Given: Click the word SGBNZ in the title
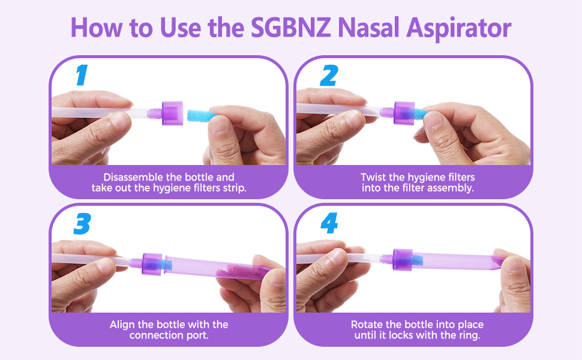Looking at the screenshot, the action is (x=290, y=28).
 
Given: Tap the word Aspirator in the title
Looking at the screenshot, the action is (x=459, y=28).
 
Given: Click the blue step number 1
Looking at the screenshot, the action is (x=82, y=75).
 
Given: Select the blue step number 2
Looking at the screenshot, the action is (x=329, y=76).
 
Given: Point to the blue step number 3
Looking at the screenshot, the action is (x=82, y=223).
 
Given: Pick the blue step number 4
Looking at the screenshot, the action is (x=329, y=223).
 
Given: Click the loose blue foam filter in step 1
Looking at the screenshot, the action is (x=201, y=115).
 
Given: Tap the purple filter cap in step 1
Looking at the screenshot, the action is (x=172, y=113).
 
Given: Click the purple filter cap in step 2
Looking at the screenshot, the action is (x=404, y=113).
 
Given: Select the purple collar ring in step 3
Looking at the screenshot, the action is (x=152, y=263).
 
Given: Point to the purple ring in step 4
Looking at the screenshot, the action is (x=403, y=259).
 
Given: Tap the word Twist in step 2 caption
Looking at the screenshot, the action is (x=373, y=177).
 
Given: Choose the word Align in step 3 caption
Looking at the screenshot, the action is (x=122, y=325).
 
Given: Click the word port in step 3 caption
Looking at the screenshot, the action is (x=198, y=336).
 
